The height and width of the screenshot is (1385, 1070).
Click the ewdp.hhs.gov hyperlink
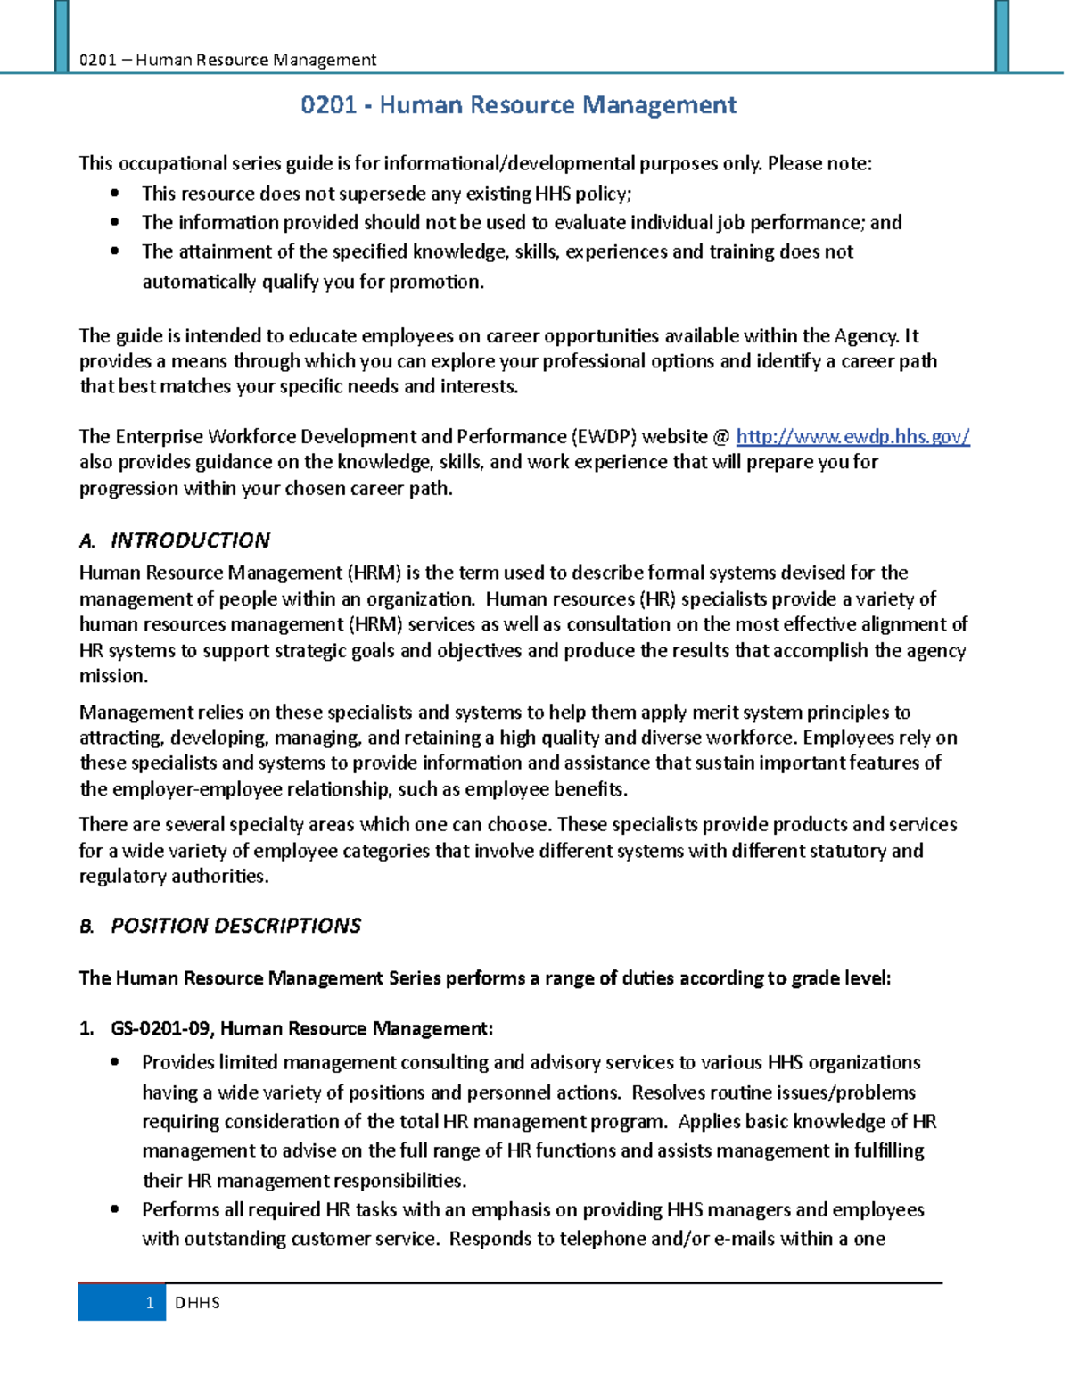click(852, 437)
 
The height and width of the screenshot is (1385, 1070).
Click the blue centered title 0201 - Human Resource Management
click(518, 105)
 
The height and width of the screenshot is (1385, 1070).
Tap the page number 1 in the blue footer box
click(150, 1303)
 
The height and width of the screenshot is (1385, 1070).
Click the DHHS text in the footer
click(197, 1303)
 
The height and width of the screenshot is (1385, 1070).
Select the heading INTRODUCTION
click(190, 540)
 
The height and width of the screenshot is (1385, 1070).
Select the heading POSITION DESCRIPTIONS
click(235, 926)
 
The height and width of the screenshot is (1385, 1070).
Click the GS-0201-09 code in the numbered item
click(160, 1029)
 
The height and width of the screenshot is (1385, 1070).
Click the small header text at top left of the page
click(227, 60)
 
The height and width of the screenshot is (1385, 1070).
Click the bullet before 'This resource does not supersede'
click(114, 194)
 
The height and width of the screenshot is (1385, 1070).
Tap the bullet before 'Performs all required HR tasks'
click(114, 1210)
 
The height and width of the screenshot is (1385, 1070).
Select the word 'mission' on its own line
click(111, 676)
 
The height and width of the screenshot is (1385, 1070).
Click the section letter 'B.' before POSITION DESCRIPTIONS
click(86, 927)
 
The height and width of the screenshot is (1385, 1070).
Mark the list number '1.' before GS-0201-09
click(86, 1029)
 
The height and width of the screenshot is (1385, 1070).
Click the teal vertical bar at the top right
click(1001, 36)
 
